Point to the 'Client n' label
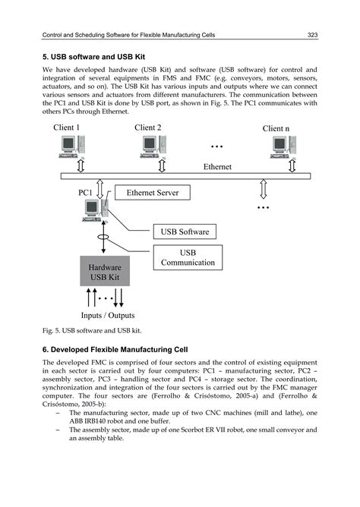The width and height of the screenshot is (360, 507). tap(276, 129)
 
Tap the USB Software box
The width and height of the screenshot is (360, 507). tap(185, 231)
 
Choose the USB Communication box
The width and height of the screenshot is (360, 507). tap(188, 257)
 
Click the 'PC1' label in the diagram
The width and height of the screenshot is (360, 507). tap(88, 194)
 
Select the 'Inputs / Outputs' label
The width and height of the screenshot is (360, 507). tap(108, 315)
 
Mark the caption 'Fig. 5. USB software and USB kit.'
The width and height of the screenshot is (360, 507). tap(92, 332)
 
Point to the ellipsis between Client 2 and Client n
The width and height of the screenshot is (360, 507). tap(217, 144)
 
